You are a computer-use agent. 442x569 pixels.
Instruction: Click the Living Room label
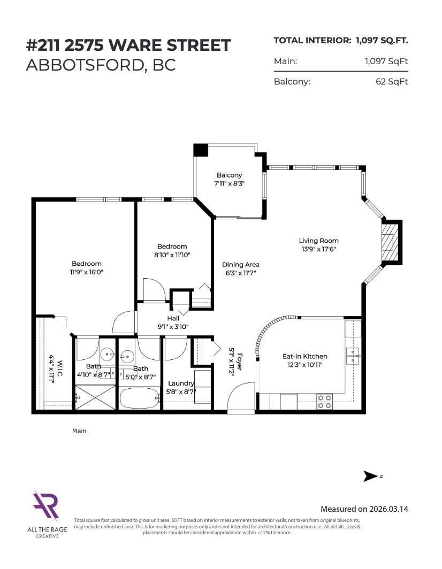point(318,241)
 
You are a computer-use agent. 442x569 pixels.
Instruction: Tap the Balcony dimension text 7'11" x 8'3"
point(229,183)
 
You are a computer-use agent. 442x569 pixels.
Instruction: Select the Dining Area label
point(241,264)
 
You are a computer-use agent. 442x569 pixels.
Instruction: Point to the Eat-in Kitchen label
point(304,356)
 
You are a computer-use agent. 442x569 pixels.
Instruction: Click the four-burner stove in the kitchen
point(324,401)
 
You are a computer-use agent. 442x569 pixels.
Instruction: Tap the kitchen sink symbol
point(353,356)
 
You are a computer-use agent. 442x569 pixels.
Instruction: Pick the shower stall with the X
point(95,398)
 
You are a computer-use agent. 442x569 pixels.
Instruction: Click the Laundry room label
point(181,383)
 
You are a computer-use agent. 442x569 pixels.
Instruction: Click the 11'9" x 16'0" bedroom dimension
point(87,272)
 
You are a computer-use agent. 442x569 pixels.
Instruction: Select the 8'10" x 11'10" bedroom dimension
point(172,255)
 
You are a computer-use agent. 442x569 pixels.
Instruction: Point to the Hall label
point(173,318)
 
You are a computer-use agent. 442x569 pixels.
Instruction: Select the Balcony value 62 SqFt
point(392,82)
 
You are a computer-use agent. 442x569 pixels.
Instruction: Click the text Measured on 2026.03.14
point(364,509)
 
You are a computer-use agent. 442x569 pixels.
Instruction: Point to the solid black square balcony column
point(201,150)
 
